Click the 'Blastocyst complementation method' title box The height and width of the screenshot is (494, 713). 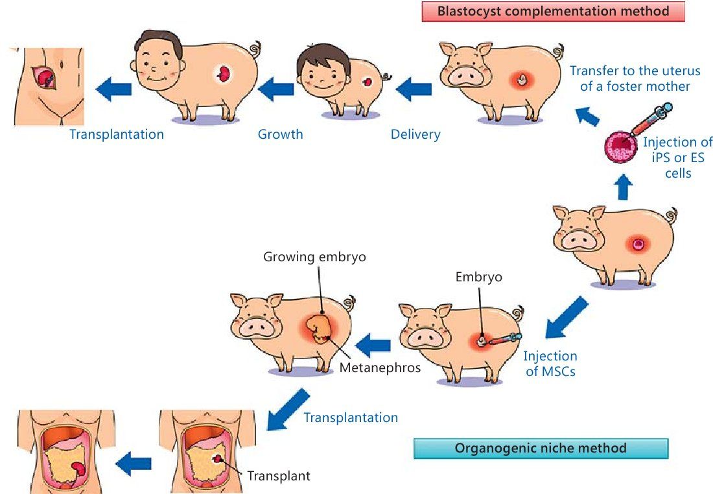point(554,12)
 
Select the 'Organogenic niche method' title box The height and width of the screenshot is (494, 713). point(541,448)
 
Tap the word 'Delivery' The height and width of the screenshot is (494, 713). point(415,135)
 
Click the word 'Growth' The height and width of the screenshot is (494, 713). point(281,135)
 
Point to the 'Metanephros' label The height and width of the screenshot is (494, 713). point(380,368)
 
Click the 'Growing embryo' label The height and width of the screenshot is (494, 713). point(314,257)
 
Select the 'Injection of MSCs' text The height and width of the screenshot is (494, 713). point(550,364)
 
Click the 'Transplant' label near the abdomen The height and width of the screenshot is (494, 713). point(279,476)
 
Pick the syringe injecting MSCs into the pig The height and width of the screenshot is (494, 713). point(505,339)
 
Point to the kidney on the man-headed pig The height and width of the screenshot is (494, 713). point(225,73)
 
